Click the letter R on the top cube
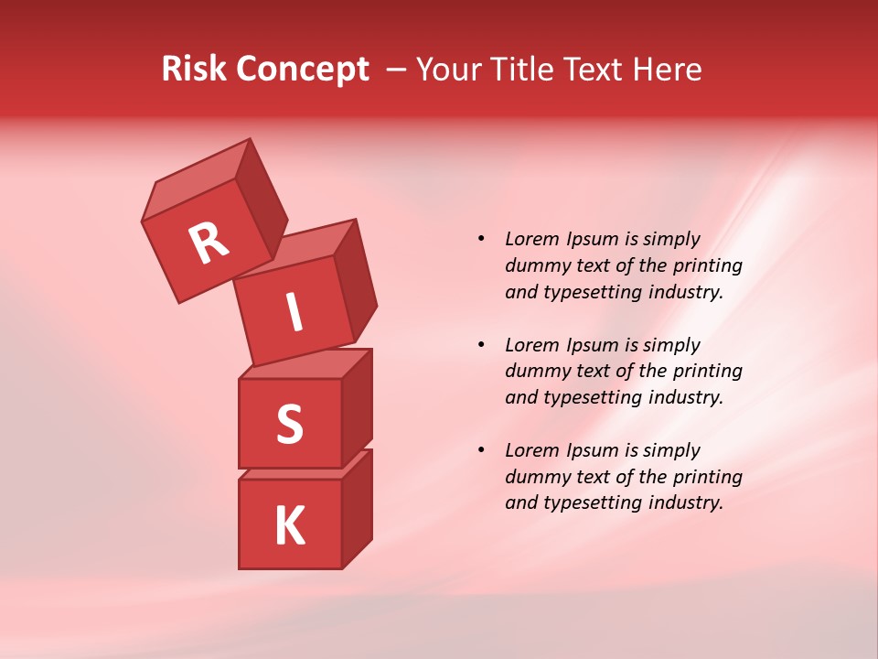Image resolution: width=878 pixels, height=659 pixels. [209, 243]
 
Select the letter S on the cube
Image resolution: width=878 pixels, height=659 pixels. [289, 424]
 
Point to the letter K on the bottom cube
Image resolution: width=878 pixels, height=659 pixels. [289, 525]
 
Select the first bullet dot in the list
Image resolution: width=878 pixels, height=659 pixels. [480, 239]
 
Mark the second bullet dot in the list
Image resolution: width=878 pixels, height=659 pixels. [480, 345]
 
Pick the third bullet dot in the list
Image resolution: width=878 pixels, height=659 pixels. [480, 450]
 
